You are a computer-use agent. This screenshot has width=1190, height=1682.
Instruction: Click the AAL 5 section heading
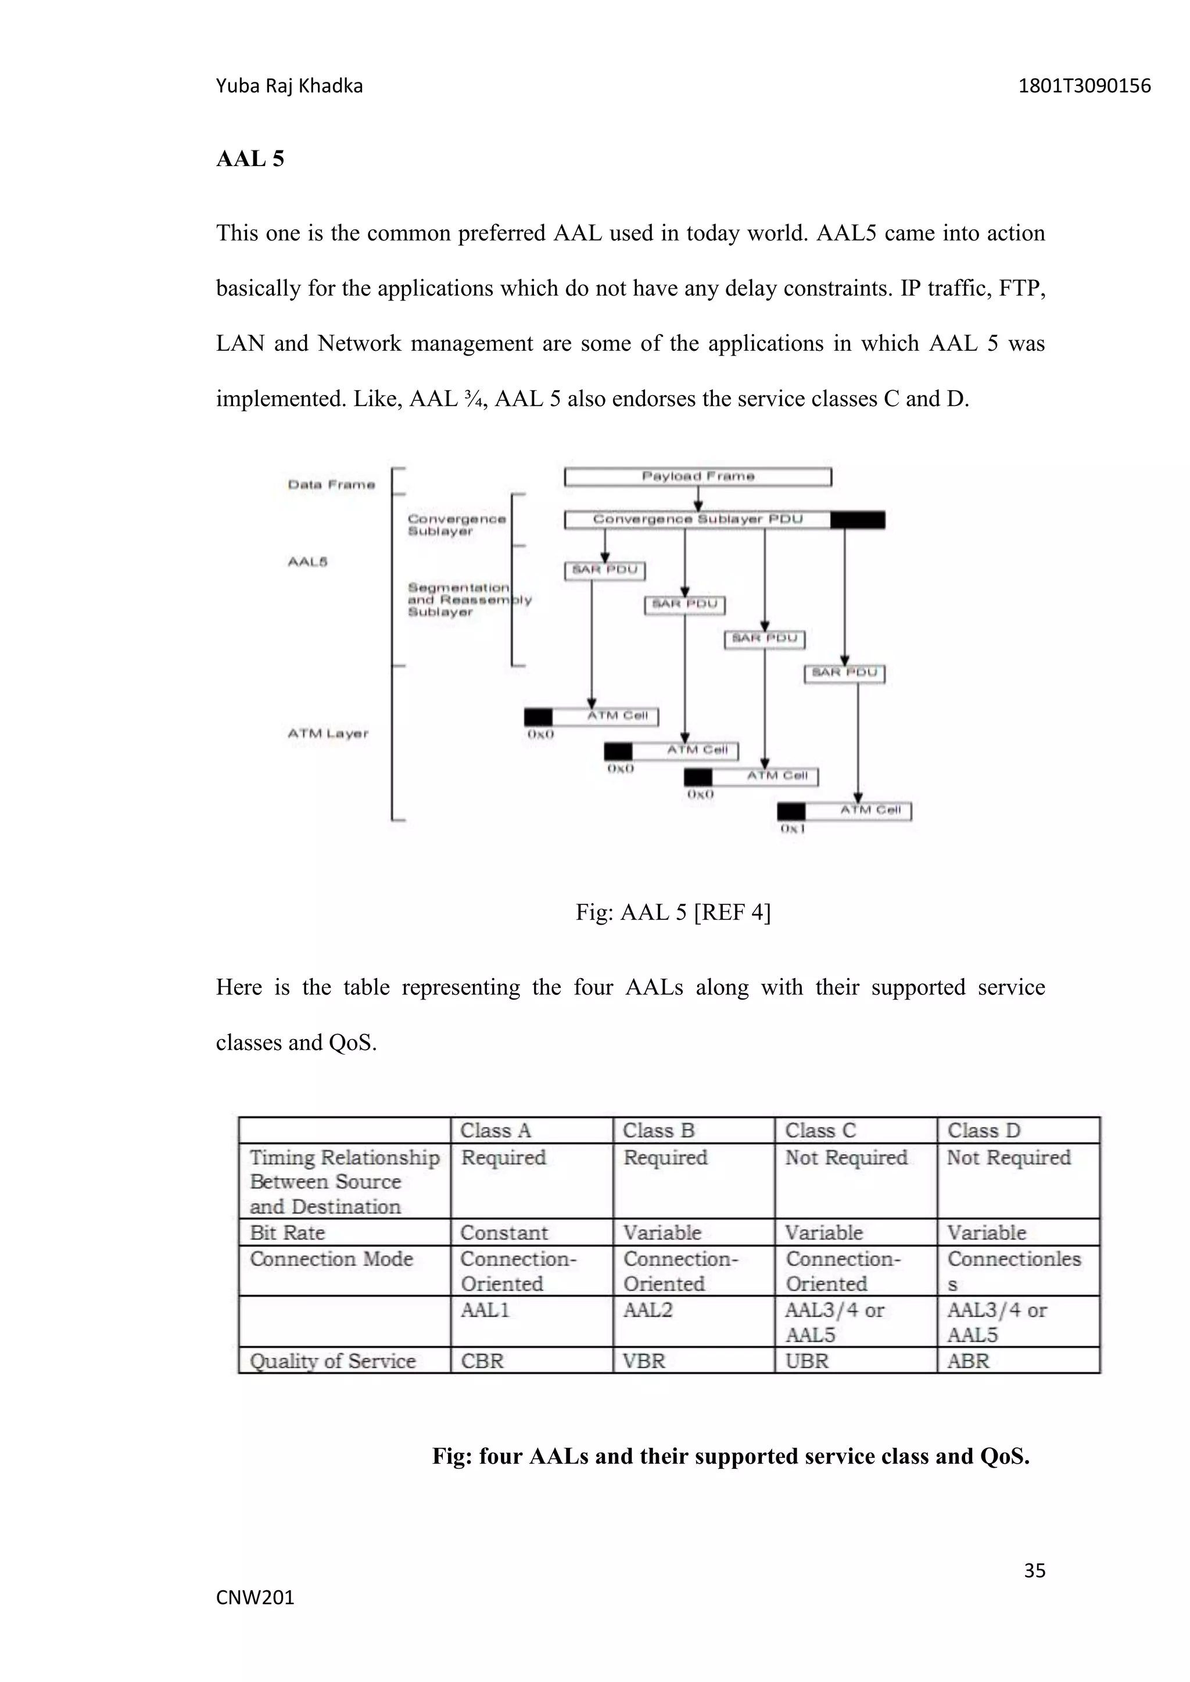coord(250,159)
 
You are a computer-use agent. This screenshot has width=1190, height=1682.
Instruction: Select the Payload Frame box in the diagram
coord(698,477)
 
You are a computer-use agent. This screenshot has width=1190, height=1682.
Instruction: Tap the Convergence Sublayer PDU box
coord(698,519)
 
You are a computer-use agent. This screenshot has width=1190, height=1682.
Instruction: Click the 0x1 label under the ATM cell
coord(793,829)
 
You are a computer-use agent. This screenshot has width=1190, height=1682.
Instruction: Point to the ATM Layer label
coord(328,734)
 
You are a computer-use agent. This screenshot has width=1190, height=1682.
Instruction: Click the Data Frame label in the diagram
coord(331,485)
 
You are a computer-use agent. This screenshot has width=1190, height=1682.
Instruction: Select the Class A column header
coord(495,1130)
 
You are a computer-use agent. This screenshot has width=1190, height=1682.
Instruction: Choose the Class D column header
coord(983,1130)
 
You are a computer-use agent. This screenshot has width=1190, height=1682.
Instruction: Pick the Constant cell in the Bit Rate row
coord(504,1232)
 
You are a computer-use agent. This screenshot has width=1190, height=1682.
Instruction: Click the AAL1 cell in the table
coord(485,1310)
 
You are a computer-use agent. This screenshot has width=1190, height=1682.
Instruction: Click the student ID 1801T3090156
coord(1084,87)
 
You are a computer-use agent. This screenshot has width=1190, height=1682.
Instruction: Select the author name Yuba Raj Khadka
coord(289,87)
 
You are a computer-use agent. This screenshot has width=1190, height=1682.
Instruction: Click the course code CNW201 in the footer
coord(255,1597)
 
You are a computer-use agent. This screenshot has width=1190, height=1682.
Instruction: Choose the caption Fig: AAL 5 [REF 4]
coord(673,912)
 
